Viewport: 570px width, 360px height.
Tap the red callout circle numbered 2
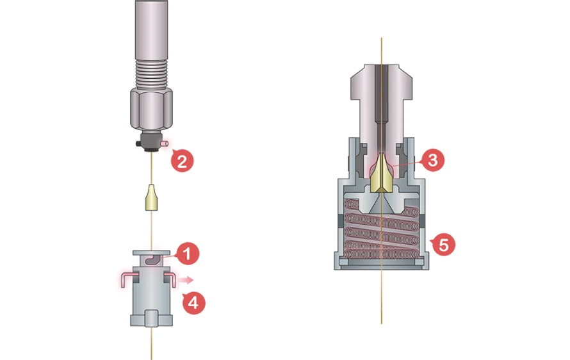182,160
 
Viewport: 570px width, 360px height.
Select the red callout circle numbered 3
433,160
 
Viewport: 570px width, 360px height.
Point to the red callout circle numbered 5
443,243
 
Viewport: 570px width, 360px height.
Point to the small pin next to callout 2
166,144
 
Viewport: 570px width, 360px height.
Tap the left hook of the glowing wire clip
126,277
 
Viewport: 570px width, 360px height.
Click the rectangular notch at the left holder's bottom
152,318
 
